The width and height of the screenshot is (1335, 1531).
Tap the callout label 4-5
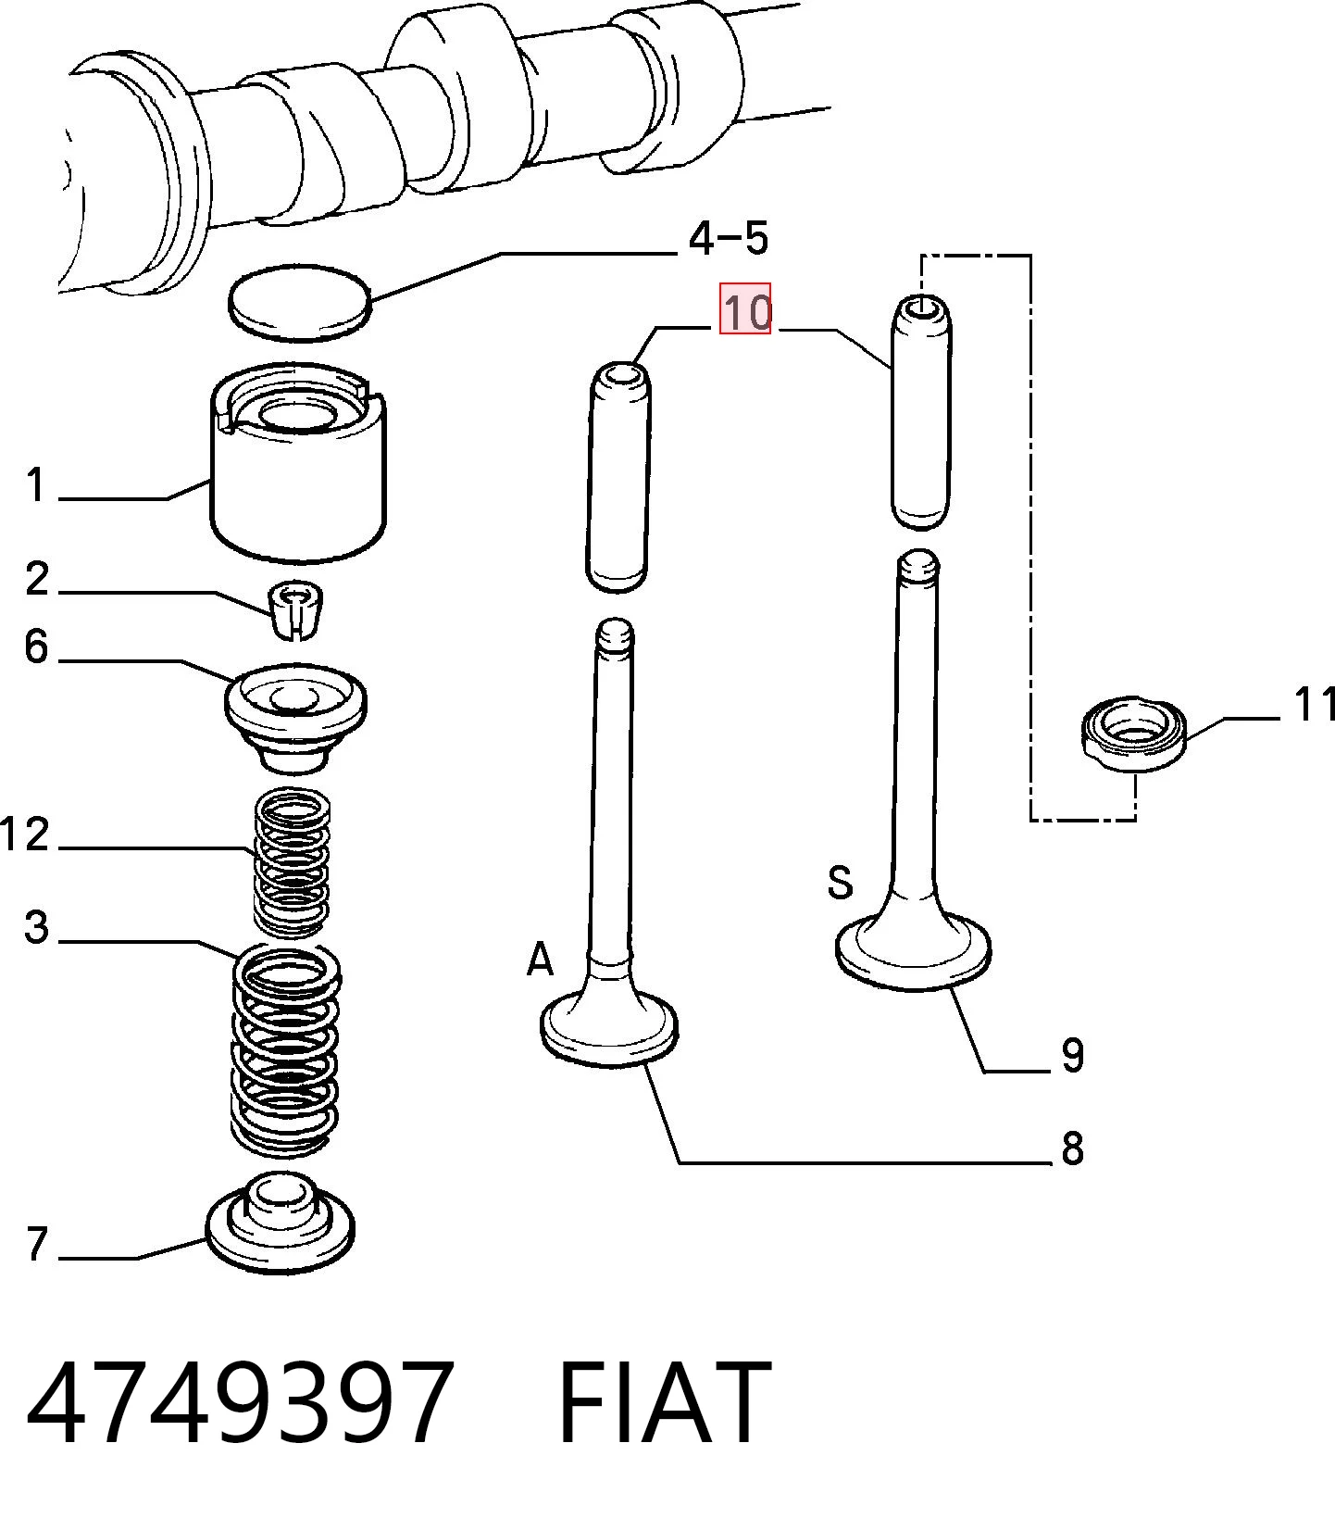729,238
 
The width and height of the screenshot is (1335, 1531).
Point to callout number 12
25,834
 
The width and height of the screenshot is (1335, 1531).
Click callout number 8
1072,1148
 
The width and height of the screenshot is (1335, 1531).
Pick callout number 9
1072,1054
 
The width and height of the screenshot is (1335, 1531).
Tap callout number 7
37,1243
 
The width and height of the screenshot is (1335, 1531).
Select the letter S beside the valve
840,882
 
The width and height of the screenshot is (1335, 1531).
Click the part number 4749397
240,1401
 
